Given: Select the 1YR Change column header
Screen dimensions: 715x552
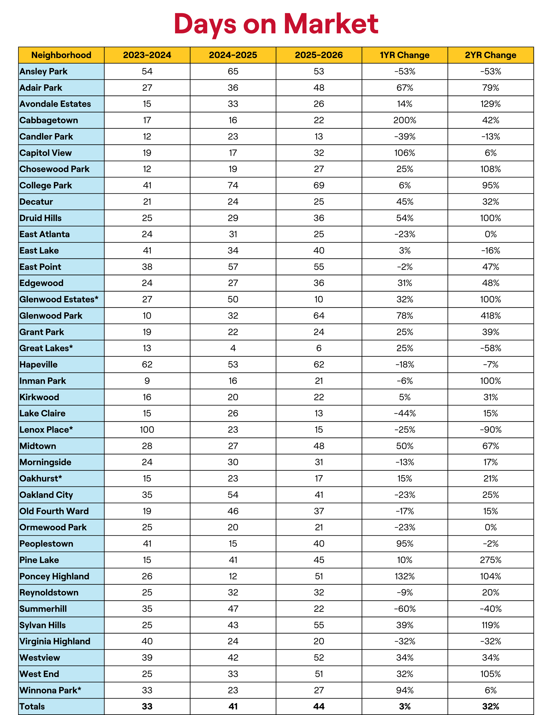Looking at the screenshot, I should click(405, 55).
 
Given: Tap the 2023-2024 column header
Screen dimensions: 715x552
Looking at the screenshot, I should click(147, 55).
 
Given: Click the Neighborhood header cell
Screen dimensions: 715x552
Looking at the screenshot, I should click(61, 55).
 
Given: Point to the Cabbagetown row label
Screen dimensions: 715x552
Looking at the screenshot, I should click(49, 120).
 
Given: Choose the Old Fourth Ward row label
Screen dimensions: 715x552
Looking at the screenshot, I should click(54, 511).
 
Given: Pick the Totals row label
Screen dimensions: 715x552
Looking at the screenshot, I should click(32, 706).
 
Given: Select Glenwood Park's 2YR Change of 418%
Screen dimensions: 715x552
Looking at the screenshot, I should click(491, 316).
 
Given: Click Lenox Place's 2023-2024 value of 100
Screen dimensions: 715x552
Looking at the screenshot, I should click(147, 429).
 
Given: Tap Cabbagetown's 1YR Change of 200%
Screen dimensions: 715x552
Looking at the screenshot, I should click(405, 120).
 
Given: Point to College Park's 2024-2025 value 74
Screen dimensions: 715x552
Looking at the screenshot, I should click(233, 185).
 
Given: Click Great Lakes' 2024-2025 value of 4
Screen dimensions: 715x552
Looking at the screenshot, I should click(233, 348).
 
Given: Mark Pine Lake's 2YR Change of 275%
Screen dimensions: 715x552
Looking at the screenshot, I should click(491, 560).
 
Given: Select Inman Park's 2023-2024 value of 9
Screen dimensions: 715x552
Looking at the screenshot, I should click(147, 381).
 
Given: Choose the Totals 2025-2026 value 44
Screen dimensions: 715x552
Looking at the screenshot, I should click(319, 706).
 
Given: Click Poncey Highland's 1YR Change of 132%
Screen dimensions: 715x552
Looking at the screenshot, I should click(405, 576).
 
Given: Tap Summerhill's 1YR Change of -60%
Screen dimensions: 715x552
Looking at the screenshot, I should click(405, 609).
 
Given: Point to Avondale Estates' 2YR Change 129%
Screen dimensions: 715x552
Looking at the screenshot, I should click(491, 104).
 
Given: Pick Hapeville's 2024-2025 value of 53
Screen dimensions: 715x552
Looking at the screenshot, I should click(233, 364).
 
